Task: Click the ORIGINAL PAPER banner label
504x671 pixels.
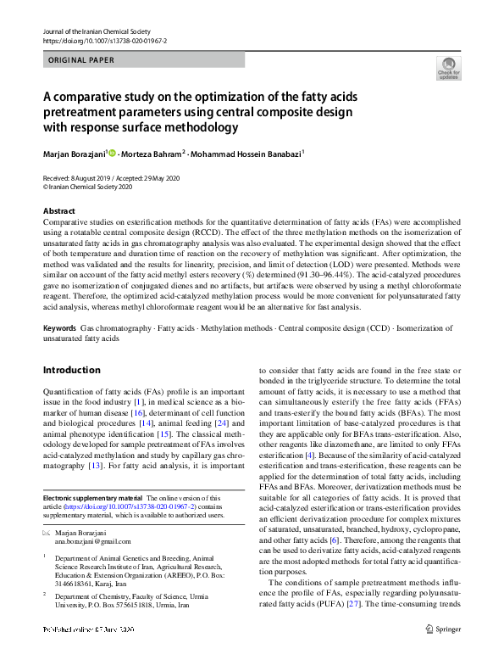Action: point(80,59)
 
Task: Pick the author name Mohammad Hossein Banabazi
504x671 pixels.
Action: point(249,154)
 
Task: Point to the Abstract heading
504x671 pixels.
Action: point(58,210)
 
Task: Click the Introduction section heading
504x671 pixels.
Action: point(71,370)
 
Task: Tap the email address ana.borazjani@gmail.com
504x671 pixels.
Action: point(93,541)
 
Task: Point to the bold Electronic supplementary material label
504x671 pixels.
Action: point(92,498)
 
